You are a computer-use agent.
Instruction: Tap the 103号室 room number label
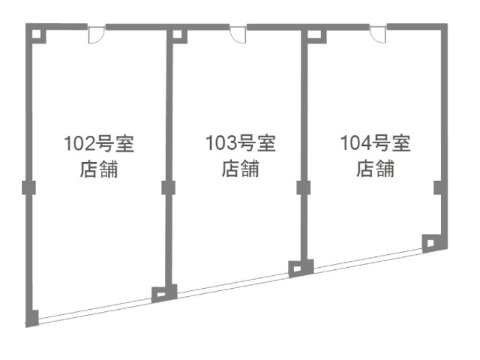click(240, 142)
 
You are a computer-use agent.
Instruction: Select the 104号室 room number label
click(375, 142)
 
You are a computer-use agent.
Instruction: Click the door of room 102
click(96, 34)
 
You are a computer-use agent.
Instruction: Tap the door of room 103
click(238, 34)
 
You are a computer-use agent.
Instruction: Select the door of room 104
click(377, 34)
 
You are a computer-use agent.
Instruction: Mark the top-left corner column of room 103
click(177, 34)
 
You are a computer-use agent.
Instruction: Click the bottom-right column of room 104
click(431, 242)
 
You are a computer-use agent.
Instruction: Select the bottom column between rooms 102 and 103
click(161, 293)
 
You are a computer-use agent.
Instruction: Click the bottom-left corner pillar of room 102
click(31, 317)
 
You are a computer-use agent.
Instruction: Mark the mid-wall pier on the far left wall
click(29, 187)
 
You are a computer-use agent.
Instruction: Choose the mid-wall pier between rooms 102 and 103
click(168, 187)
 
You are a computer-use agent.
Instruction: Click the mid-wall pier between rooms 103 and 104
click(304, 187)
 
